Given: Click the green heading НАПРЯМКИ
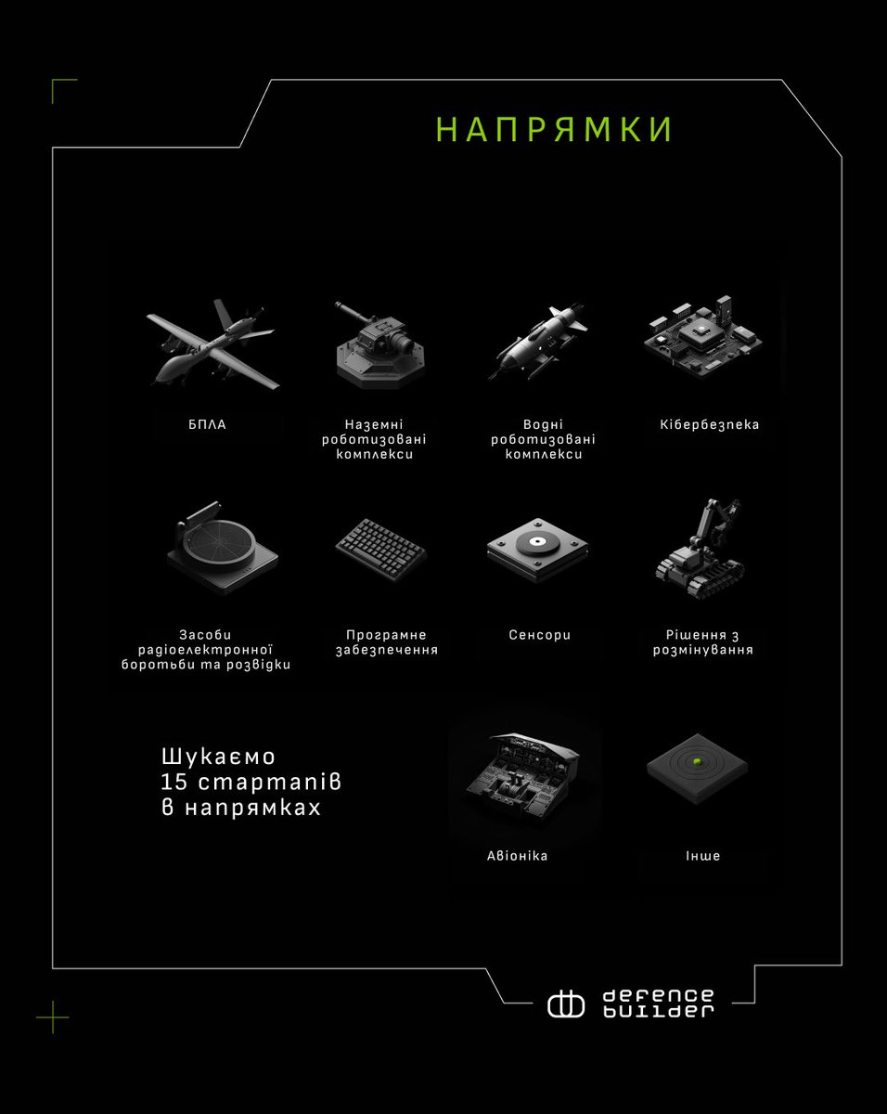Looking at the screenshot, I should tap(554, 130).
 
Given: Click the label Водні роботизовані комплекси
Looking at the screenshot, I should tap(544, 440).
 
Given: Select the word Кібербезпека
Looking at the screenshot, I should tap(709, 424).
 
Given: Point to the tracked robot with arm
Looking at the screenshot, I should tap(702, 549).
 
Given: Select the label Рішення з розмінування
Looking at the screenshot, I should tap(709, 642).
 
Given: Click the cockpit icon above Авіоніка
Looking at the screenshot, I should tap(526, 780).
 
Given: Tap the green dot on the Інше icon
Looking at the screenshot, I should tap(695, 763).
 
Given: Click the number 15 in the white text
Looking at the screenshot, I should tap(174, 782).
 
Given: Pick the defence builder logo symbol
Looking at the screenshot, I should tap(565, 1004).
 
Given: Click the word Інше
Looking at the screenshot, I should tap(702, 856).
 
